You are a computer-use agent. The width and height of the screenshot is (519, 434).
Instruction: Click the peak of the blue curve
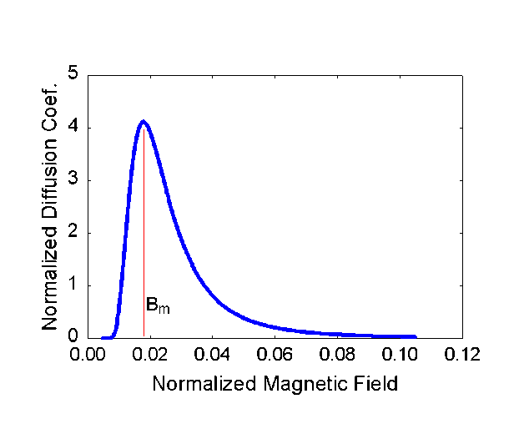click(144, 123)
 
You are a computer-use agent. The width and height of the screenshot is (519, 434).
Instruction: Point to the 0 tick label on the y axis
click(74, 337)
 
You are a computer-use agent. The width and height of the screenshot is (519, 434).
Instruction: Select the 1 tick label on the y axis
click(74, 285)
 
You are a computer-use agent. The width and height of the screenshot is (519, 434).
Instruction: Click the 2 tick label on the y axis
click(74, 232)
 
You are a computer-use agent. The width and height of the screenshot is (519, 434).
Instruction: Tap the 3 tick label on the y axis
click(74, 179)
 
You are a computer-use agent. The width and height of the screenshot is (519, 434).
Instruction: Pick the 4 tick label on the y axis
click(74, 127)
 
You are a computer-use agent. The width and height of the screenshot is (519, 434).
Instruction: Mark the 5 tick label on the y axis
click(74, 74)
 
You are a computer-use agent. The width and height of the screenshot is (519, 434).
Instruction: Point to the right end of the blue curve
click(414, 337)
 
